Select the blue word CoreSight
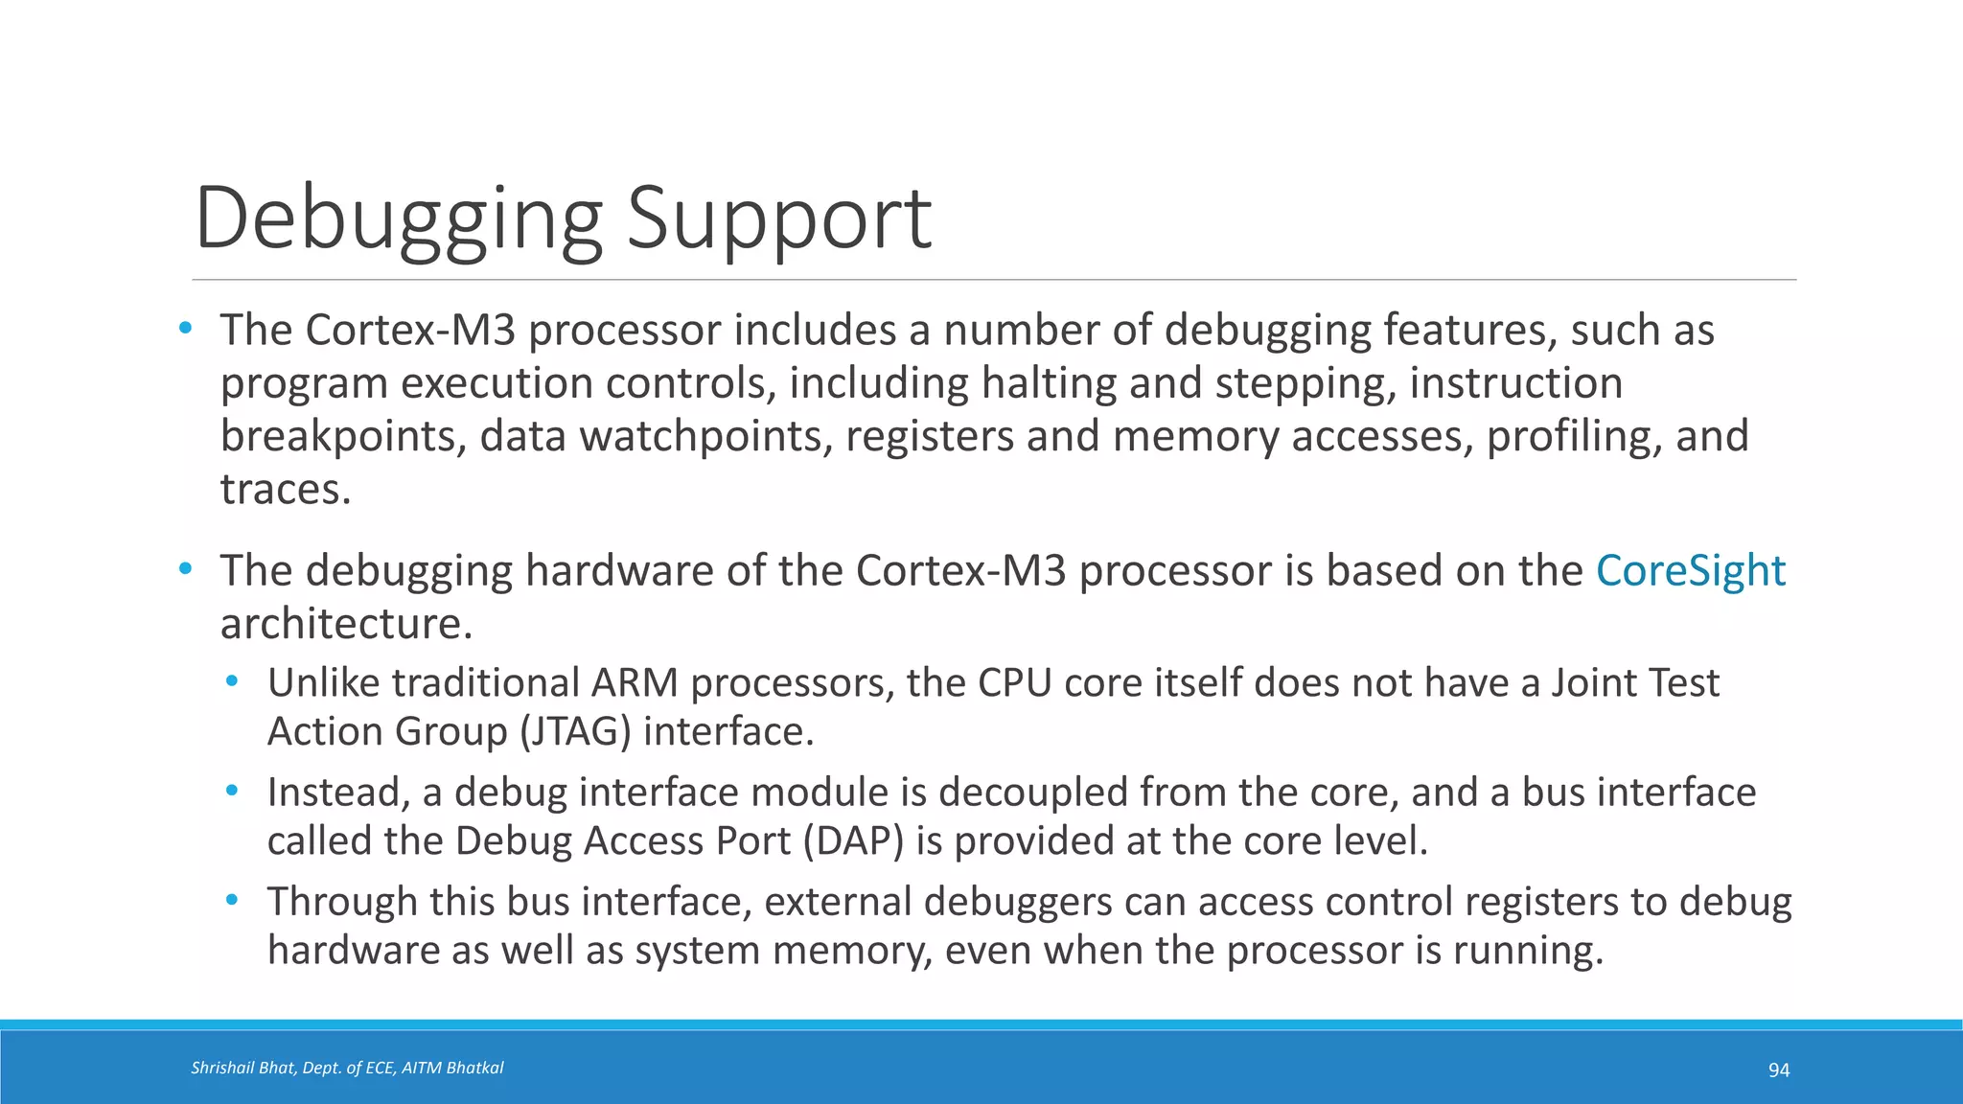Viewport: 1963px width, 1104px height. [x=1691, y=571]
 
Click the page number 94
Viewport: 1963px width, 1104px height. [x=1779, y=1069]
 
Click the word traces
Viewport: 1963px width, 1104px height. [x=285, y=490]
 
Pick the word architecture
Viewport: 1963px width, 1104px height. [x=345, y=625]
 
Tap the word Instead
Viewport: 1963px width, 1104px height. [x=337, y=793]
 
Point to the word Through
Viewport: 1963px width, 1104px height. [x=340, y=902]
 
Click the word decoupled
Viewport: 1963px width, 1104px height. [x=1031, y=793]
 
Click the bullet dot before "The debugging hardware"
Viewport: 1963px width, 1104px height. [x=185, y=569]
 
